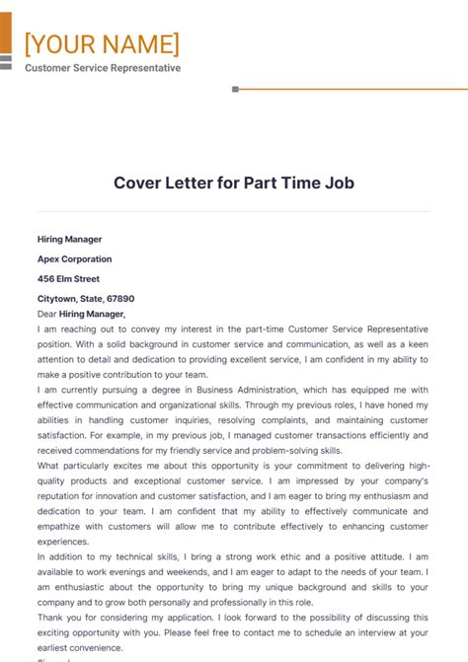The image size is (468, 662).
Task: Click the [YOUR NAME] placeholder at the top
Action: point(102,43)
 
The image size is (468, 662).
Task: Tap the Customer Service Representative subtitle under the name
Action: point(103,68)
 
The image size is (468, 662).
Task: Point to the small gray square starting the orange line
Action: point(235,89)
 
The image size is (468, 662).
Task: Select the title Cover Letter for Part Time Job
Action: point(233,183)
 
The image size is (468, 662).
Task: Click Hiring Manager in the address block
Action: point(69,239)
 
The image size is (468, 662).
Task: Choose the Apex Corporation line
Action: point(74,258)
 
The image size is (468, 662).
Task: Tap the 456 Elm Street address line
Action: point(68,278)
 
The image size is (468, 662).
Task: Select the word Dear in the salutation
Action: point(46,313)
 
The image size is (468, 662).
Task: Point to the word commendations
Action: point(107,450)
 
